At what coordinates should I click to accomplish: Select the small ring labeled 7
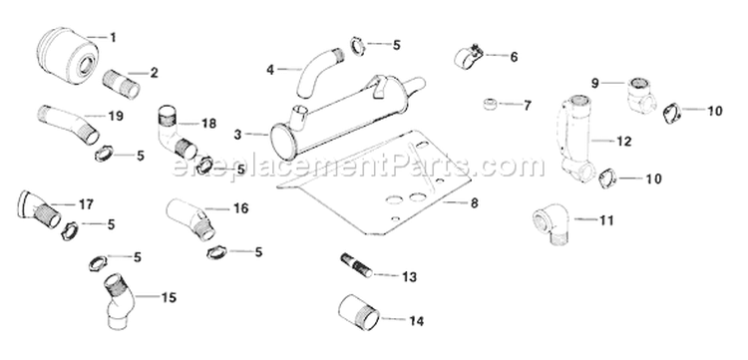[492, 104]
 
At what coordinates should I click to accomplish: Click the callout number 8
[474, 202]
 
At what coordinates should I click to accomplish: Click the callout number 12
[623, 142]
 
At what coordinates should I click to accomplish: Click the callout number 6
[514, 57]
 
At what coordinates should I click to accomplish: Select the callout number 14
[416, 320]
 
